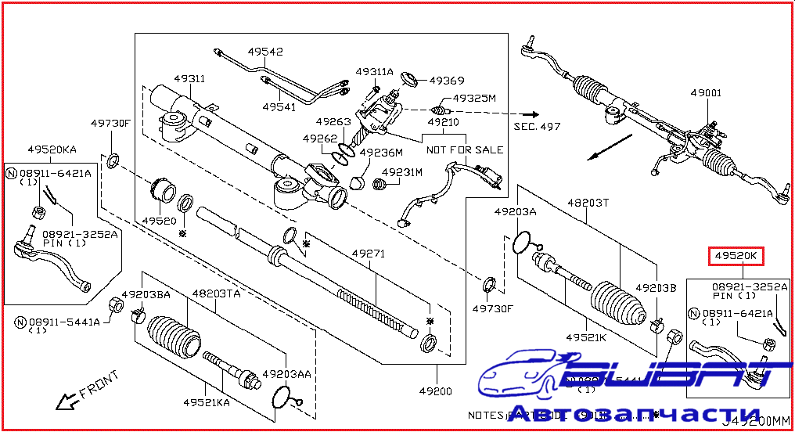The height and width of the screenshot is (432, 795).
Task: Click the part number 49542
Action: pos(266,52)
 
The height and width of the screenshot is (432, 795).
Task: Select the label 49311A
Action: pos(374,72)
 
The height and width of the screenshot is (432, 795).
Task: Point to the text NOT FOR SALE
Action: pos(464,149)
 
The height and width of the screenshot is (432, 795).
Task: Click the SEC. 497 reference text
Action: pos(537,125)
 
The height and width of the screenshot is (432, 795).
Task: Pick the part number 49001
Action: pos(706,93)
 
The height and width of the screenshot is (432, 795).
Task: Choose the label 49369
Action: pos(447,81)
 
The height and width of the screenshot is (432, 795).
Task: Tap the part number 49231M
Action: pos(402,172)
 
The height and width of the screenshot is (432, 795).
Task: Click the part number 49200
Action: pos(436,391)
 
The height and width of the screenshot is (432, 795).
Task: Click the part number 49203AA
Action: pos(286,374)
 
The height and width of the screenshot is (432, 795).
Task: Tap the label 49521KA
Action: pos(207,403)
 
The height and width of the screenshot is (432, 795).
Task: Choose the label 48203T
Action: pos(588,202)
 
